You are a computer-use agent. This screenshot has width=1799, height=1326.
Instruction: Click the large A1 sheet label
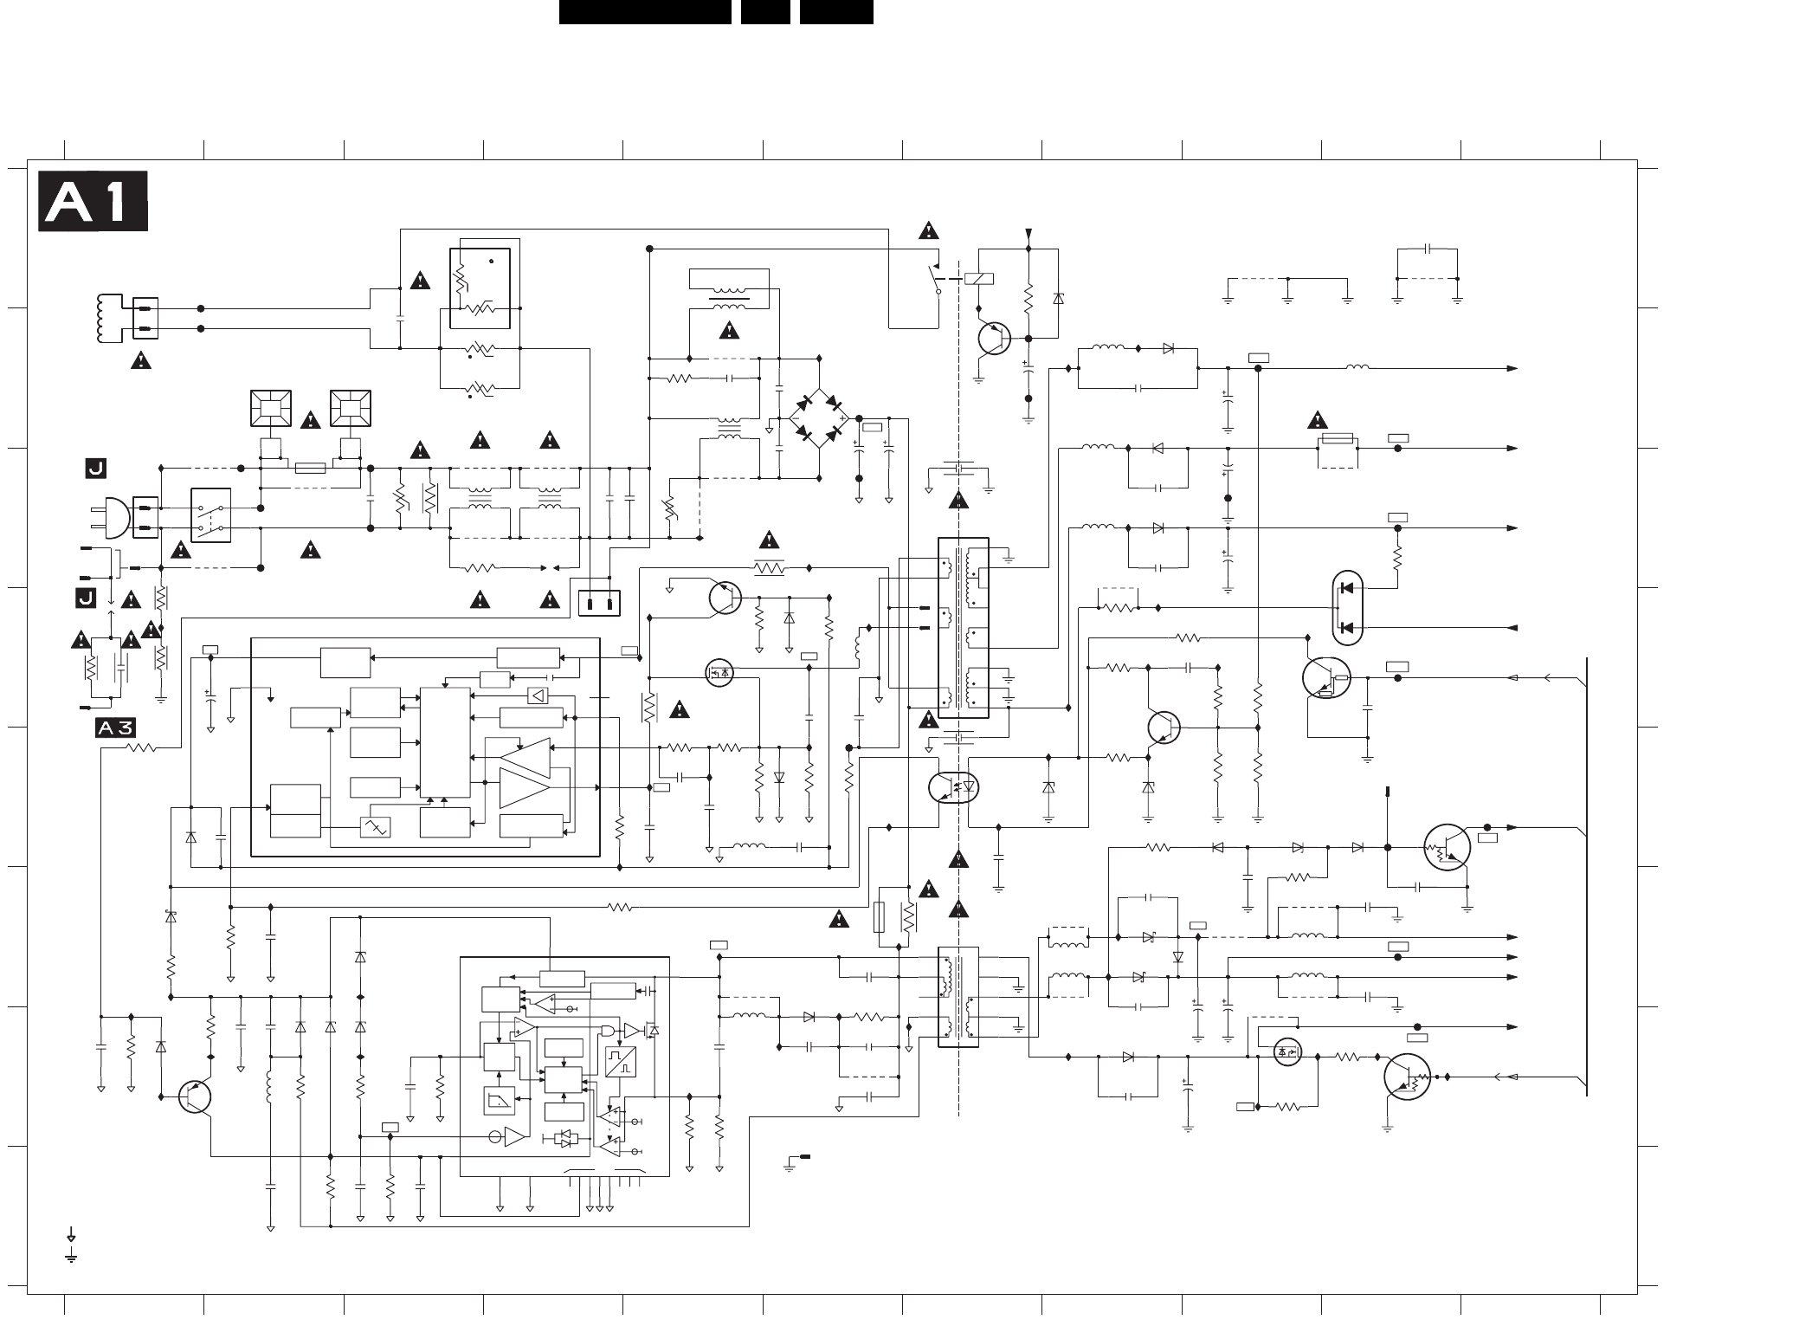(93, 202)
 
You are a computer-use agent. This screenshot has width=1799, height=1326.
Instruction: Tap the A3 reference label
(115, 728)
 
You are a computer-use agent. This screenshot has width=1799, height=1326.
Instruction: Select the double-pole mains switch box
(210, 515)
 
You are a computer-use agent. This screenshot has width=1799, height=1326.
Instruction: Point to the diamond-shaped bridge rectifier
(820, 417)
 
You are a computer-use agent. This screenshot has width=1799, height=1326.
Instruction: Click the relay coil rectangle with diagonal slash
(979, 279)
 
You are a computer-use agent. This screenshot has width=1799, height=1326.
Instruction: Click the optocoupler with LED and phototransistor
(953, 787)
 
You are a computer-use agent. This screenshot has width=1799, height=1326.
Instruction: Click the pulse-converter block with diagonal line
(621, 1062)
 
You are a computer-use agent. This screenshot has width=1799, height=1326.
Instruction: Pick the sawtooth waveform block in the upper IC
(375, 827)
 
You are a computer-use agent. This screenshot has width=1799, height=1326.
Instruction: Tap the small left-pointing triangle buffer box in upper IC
(538, 695)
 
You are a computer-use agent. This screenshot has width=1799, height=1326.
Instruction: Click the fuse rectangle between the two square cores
(311, 469)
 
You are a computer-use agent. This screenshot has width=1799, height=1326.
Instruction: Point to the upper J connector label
(95, 469)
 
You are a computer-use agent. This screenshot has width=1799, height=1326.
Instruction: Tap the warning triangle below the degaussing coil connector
(141, 361)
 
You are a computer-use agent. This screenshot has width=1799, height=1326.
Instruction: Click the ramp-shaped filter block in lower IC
(499, 1101)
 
